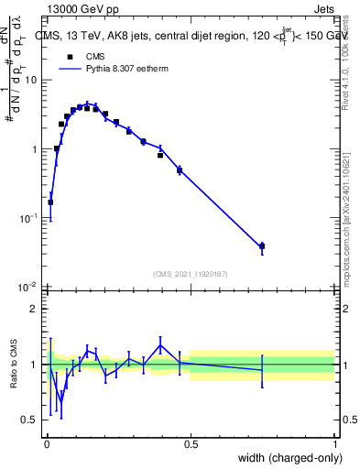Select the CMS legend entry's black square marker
68,56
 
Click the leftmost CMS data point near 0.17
50,202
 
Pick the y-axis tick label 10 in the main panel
30,80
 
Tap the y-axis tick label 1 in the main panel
34,149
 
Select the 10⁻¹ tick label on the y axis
28,218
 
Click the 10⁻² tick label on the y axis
28,288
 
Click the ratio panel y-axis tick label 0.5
29,420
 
